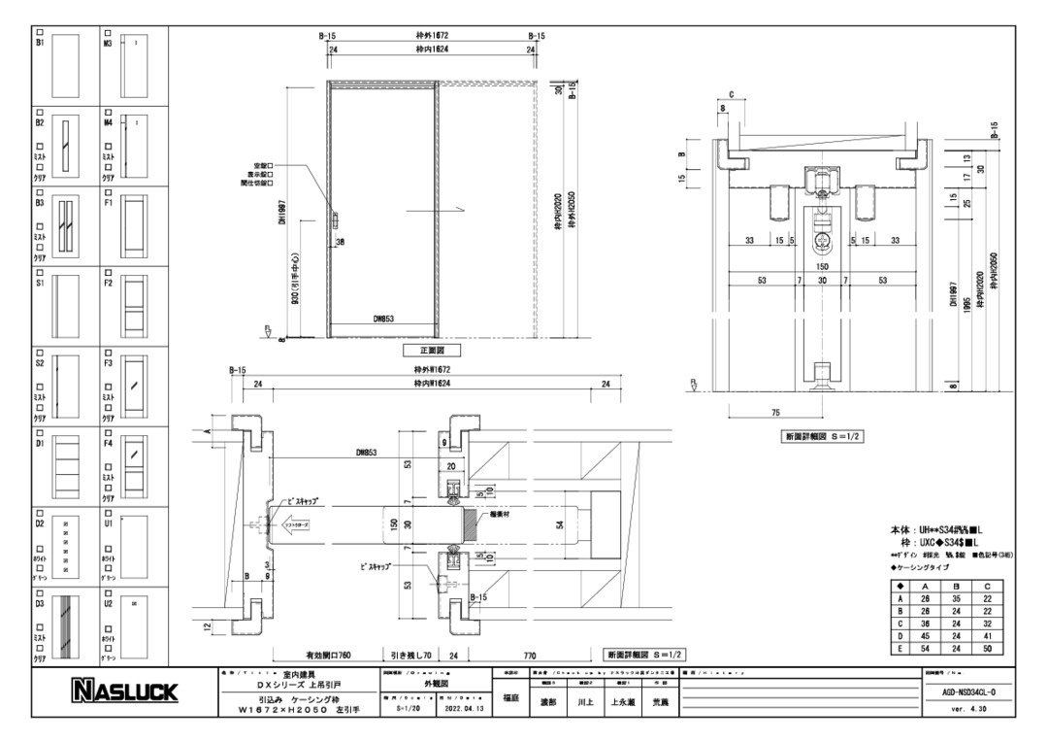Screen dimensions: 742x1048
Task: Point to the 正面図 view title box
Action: (432, 350)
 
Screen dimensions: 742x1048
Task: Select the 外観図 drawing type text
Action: (432, 685)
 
